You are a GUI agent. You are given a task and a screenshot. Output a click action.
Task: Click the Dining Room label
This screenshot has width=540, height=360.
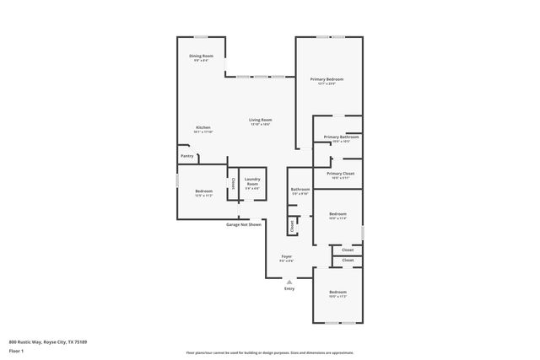pyautogui.click(x=201, y=56)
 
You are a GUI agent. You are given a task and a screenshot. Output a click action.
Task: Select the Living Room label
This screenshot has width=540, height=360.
pyautogui.click(x=260, y=121)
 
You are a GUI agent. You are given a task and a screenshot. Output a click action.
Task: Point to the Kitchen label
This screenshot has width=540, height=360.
pyautogui.click(x=203, y=128)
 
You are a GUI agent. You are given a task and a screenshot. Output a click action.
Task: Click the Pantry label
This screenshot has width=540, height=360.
pyautogui.click(x=187, y=156)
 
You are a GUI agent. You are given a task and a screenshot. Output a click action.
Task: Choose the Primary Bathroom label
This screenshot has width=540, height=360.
pyautogui.click(x=342, y=137)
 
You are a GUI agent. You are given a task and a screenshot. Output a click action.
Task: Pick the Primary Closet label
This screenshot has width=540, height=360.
pyautogui.click(x=340, y=174)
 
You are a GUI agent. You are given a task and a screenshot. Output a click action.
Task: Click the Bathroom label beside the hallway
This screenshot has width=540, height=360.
pyautogui.click(x=300, y=190)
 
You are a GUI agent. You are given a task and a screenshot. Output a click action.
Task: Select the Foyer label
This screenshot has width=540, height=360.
pyautogui.click(x=287, y=256)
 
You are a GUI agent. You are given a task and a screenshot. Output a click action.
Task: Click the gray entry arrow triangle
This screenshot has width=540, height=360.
pyautogui.click(x=289, y=282)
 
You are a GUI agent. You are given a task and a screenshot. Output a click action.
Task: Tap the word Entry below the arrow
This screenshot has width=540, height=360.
pyautogui.click(x=289, y=289)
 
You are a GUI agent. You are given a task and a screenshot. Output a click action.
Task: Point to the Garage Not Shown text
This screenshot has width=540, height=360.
pyautogui.click(x=243, y=225)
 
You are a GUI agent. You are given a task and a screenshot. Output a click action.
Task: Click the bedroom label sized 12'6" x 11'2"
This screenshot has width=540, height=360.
pyautogui.click(x=203, y=192)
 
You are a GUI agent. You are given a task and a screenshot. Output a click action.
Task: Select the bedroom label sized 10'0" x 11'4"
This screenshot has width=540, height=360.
pyautogui.click(x=337, y=214)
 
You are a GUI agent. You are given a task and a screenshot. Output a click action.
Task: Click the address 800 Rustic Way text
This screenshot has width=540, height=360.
pyautogui.click(x=48, y=341)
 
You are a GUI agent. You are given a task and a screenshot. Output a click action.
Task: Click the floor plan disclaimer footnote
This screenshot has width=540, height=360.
pyautogui.click(x=269, y=353)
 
